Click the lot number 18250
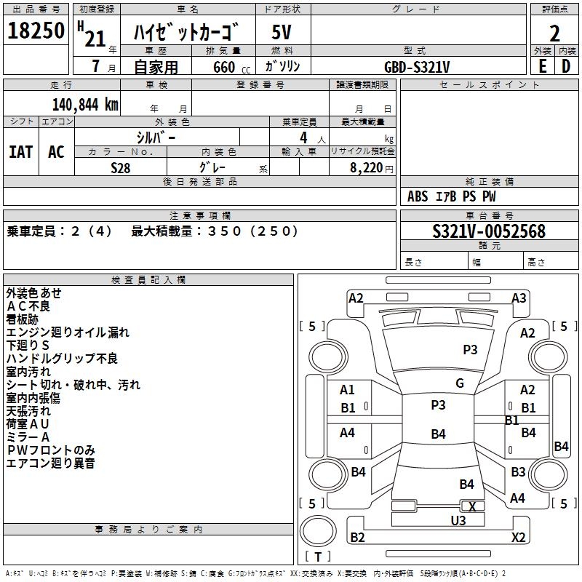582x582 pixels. tap(36, 31)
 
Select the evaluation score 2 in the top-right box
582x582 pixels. tap(554, 32)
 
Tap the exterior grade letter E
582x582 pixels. tap(542, 65)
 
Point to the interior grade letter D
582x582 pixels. tap(566, 65)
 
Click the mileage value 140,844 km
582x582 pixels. tap(85, 104)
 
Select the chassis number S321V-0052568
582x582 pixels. tap(489, 231)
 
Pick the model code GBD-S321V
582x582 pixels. tap(417, 66)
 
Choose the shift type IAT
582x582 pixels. tap(21, 151)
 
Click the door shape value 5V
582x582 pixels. tap(282, 32)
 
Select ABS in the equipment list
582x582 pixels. tap(418, 196)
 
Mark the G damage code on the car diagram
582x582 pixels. tap(460, 383)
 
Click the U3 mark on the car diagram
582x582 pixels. tap(458, 520)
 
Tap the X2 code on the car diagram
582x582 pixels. tap(518, 538)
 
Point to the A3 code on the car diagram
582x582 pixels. tap(519, 298)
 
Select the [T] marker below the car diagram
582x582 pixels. tap(318, 557)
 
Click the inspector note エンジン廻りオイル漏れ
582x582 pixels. tap(68, 332)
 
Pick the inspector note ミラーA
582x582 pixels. tap(28, 436)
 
